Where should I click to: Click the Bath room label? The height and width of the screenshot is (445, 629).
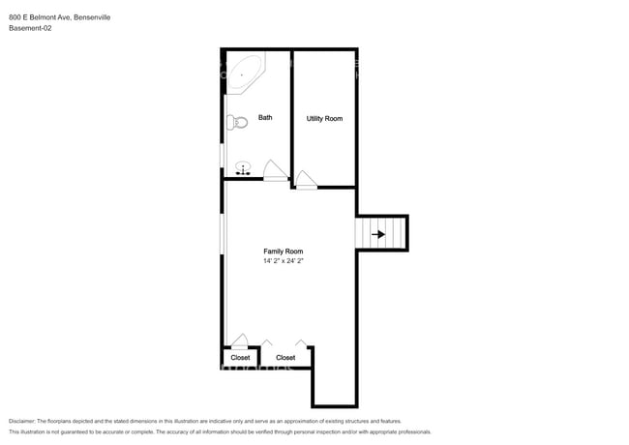tap(265, 117)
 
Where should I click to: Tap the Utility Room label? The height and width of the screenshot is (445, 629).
tap(324, 119)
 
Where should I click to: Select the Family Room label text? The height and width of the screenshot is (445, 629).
tap(284, 252)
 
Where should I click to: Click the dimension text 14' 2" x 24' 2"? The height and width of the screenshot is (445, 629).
tap(284, 261)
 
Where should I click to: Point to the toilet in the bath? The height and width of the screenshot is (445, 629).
tap(237, 122)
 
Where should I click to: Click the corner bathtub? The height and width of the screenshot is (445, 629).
tap(244, 73)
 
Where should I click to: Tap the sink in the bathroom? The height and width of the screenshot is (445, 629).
tap(243, 168)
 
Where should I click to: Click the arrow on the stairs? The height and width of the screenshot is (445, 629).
tap(378, 234)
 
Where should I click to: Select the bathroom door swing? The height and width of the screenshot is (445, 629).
tap(275, 170)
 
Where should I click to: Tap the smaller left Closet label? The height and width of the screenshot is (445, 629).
tap(240, 358)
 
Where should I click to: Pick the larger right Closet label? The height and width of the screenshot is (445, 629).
tap(285, 358)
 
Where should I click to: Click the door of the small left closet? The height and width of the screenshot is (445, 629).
tap(240, 340)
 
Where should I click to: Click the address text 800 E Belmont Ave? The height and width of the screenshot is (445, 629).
tap(40, 17)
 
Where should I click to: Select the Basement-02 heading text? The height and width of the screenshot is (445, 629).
tap(30, 28)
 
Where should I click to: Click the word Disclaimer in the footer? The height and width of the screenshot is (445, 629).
tap(22, 422)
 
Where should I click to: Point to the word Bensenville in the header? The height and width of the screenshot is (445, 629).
tap(92, 17)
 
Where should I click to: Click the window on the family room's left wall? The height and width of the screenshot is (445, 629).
tap(223, 234)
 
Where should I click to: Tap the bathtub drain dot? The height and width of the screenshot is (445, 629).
tap(242, 74)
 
